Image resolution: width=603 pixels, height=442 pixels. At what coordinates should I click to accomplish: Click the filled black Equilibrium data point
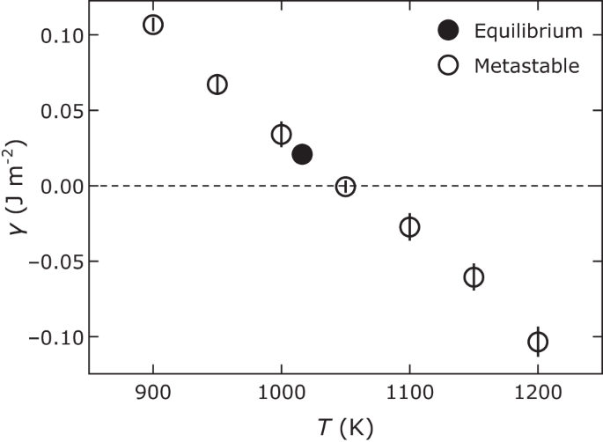[x=302, y=154]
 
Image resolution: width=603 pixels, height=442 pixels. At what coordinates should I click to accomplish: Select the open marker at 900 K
[x=153, y=24]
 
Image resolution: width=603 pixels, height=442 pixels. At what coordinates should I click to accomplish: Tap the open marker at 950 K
[x=217, y=85]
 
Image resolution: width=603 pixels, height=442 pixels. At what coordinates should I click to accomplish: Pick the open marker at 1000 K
[x=281, y=135]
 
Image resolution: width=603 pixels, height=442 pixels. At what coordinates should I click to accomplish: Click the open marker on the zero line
[x=345, y=187]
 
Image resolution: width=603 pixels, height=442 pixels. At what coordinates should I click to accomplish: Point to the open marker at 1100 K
[x=409, y=226]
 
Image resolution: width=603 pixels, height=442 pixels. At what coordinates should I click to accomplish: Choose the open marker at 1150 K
[x=474, y=277]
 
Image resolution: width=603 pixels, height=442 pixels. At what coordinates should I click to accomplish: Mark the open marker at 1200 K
[x=538, y=342]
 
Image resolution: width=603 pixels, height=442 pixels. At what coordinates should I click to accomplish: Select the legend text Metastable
[x=526, y=65]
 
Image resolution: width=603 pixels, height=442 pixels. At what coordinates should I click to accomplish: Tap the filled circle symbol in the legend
[x=449, y=32]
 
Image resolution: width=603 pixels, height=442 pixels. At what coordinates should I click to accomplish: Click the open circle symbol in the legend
[x=449, y=65]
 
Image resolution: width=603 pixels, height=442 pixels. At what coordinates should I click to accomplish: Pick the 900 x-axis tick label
[x=153, y=392]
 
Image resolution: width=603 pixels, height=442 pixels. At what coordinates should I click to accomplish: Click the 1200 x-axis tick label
[x=538, y=392]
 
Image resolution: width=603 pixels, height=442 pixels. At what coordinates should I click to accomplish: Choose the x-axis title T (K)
[x=345, y=427]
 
